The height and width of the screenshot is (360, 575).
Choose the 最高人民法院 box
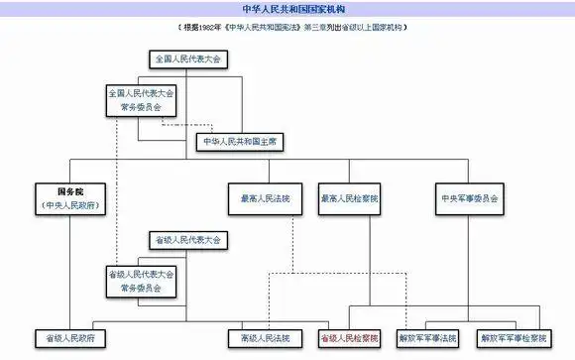click(258, 198)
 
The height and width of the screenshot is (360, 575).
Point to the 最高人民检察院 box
click(349, 198)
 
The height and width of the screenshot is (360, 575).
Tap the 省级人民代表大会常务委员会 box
click(141, 281)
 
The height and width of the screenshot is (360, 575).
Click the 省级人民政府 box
click(69, 338)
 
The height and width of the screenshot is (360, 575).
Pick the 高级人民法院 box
click(265, 338)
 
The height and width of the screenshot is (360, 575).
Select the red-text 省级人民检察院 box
click(349, 338)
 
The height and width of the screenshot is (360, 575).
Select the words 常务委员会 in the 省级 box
click(141, 288)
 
